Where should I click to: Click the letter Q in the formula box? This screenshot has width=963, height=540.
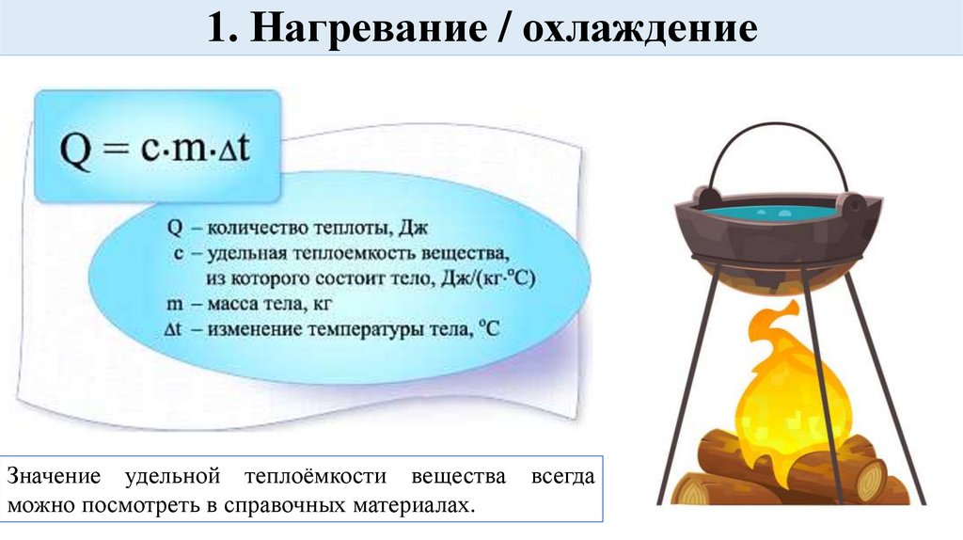[x=77, y=150]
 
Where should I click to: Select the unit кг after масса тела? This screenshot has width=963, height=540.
[x=322, y=305]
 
